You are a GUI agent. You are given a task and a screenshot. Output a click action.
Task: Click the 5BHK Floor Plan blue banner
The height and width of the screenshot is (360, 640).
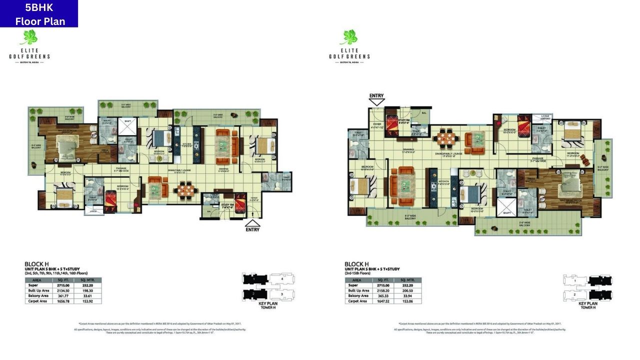tap(39, 13)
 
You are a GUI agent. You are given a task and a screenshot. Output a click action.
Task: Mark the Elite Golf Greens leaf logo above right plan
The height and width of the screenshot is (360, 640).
tap(349, 37)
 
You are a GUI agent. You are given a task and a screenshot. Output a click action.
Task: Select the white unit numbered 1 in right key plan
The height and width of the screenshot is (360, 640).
tap(575, 281)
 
